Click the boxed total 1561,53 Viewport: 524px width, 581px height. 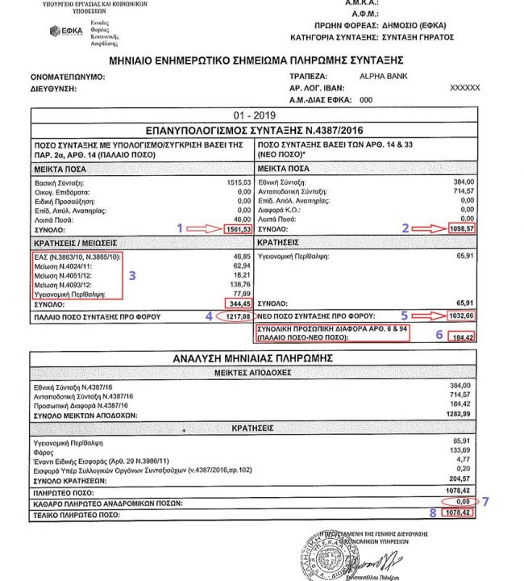[x=239, y=229]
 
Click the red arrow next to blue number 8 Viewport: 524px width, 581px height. [x=428, y=513]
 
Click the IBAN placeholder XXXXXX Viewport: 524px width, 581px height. [x=464, y=87]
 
